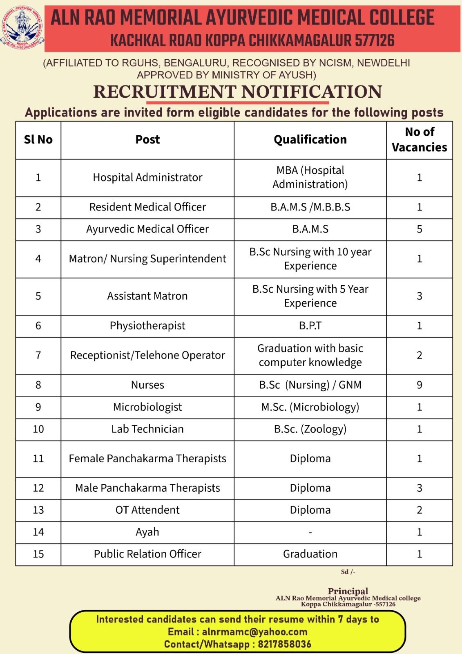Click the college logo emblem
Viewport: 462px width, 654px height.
pyautogui.click(x=22, y=27)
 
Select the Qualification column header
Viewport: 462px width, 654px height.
pyautogui.click(x=310, y=140)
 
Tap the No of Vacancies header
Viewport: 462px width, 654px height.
pyautogui.click(x=420, y=140)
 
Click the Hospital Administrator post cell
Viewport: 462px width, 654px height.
pyautogui.click(x=147, y=177)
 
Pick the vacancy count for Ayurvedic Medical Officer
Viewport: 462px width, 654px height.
pyautogui.click(x=420, y=229)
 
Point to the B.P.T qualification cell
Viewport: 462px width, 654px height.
pyautogui.click(x=310, y=326)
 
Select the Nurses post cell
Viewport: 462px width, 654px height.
pyautogui.click(x=147, y=385)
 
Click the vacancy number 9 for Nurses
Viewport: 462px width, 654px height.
pyautogui.click(x=420, y=385)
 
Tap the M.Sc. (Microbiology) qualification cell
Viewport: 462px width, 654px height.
pyautogui.click(x=310, y=407)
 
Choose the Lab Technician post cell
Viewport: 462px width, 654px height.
pyautogui.click(x=147, y=429)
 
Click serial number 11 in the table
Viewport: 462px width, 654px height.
pyautogui.click(x=38, y=459)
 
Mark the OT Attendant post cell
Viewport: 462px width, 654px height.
pyautogui.click(x=147, y=510)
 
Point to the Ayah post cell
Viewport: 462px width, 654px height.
pyautogui.click(x=147, y=532)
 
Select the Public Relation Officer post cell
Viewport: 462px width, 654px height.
pyautogui.click(x=147, y=554)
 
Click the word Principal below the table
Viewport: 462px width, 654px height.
pyautogui.click(x=348, y=591)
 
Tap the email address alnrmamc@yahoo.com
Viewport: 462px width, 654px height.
pyautogui.click(x=254, y=632)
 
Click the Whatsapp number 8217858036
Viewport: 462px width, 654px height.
pyautogui.click(x=284, y=645)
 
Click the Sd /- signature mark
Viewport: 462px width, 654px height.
pyautogui.click(x=348, y=572)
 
